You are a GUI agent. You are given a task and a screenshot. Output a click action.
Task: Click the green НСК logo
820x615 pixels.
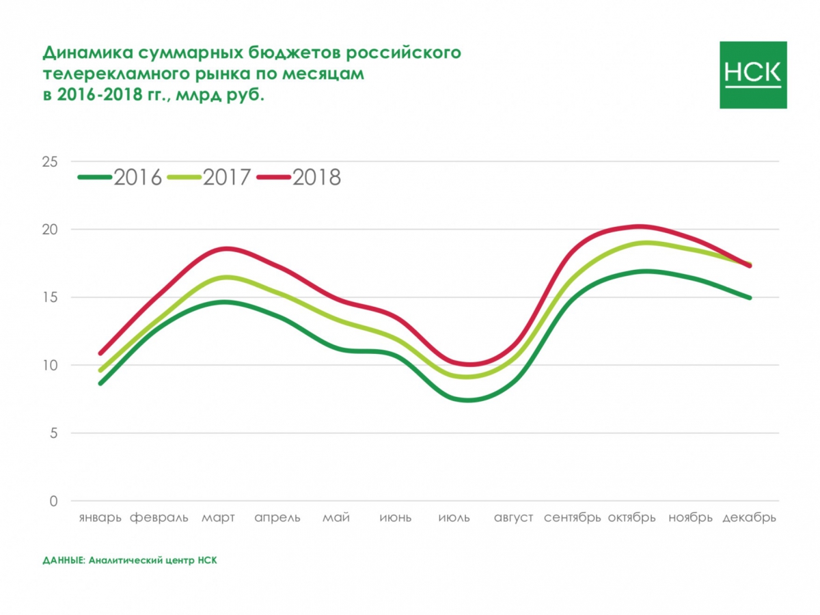(x=753, y=74)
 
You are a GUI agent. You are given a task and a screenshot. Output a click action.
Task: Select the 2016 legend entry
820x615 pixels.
(x=120, y=178)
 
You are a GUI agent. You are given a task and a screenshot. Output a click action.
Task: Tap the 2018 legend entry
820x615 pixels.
(x=299, y=178)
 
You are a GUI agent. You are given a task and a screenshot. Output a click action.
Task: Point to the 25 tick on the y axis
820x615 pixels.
(x=50, y=162)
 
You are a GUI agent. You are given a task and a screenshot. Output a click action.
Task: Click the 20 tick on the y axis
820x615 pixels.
(x=50, y=230)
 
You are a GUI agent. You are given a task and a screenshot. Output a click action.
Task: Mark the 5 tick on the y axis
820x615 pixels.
(x=53, y=433)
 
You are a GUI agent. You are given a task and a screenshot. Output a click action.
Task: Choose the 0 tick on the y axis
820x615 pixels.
(x=53, y=501)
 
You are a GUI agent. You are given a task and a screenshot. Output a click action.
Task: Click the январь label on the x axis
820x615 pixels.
(x=100, y=517)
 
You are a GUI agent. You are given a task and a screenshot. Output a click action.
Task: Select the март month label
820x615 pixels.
(x=218, y=517)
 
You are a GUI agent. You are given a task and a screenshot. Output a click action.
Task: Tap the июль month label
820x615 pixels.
(x=454, y=517)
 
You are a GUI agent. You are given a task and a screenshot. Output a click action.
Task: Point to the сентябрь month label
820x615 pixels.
(x=573, y=517)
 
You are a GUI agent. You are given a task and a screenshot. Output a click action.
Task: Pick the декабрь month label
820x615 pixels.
(x=749, y=517)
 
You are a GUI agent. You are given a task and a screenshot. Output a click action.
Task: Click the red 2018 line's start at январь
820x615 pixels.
(x=100, y=353)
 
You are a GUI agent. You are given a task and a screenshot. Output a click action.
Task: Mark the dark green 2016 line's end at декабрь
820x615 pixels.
(x=750, y=298)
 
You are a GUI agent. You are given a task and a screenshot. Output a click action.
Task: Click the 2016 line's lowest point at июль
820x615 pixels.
(x=469, y=400)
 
